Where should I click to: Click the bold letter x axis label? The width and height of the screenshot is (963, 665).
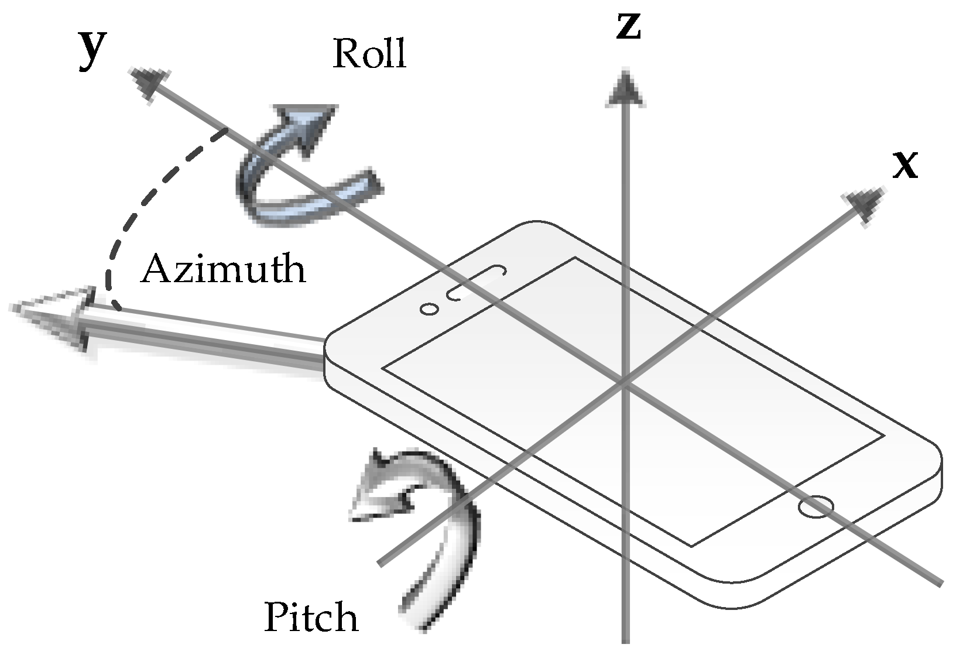pyautogui.click(x=904, y=166)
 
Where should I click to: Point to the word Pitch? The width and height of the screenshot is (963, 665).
pyautogui.click(x=311, y=618)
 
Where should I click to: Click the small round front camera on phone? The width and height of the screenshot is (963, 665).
pyautogui.click(x=429, y=309)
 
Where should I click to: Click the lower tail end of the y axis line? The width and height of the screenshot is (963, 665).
pyautogui.click(x=938, y=582)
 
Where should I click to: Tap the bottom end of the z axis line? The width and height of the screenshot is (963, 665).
pyautogui.click(x=626, y=639)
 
